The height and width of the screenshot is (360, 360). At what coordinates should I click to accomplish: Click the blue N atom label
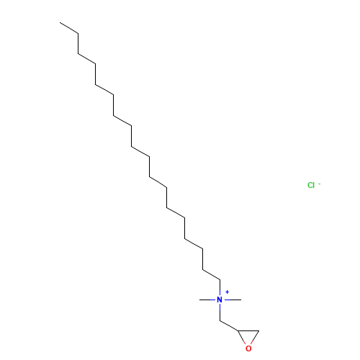pos(220,300)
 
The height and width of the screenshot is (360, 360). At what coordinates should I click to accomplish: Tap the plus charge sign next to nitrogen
pos(227,292)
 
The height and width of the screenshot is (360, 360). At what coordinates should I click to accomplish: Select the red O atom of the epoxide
pos(248,348)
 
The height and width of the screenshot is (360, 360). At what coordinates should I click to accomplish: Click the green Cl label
pos(311,185)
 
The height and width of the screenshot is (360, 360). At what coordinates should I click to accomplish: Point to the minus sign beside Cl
pos(320,184)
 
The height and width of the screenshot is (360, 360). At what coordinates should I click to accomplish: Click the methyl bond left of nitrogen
pos(208,300)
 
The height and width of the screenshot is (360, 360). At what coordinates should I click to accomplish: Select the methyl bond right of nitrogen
pos(232,300)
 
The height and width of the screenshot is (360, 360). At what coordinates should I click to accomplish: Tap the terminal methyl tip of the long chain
pos(60,22)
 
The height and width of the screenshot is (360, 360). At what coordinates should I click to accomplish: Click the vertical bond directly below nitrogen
pos(220,312)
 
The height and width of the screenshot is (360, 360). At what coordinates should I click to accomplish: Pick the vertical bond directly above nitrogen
pos(220,288)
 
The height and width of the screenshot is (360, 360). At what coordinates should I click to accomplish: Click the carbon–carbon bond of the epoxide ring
pos(248,330)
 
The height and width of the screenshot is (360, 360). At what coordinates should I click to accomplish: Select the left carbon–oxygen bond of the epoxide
pos(242,338)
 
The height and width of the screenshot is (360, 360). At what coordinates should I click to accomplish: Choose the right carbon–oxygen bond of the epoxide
pos(255,338)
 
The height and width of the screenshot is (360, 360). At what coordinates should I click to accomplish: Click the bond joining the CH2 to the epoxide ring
pos(229,325)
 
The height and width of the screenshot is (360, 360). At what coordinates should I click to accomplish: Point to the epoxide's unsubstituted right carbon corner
pos(259,330)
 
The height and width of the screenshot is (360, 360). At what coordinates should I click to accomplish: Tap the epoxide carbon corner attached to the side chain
pos(238,330)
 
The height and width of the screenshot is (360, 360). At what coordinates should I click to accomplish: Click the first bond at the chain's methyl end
pos(69,28)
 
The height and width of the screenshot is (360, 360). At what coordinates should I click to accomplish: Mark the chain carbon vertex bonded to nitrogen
pos(220,279)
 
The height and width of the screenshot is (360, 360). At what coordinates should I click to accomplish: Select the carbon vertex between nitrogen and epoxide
pos(220,320)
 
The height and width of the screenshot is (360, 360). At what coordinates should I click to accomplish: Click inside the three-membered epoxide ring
pos(248,336)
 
